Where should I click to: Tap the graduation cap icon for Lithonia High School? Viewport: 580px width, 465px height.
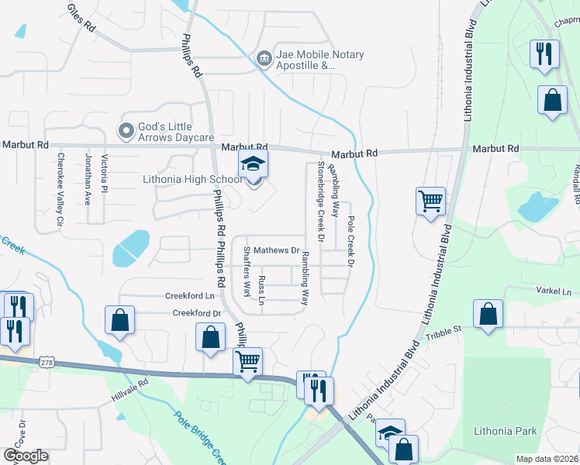(252, 165)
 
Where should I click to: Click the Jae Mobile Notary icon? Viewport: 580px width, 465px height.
(264, 57)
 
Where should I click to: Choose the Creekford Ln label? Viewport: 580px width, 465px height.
(189, 296)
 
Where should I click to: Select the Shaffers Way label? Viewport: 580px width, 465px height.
(247, 272)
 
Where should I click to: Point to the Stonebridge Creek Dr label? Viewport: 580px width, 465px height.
(319, 199)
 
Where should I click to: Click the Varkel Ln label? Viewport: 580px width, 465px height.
(552, 292)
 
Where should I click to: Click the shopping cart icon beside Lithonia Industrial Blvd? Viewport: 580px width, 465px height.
(430, 201)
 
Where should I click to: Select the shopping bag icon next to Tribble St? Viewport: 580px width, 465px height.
(488, 314)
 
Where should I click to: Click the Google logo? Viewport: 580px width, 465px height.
(25, 455)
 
